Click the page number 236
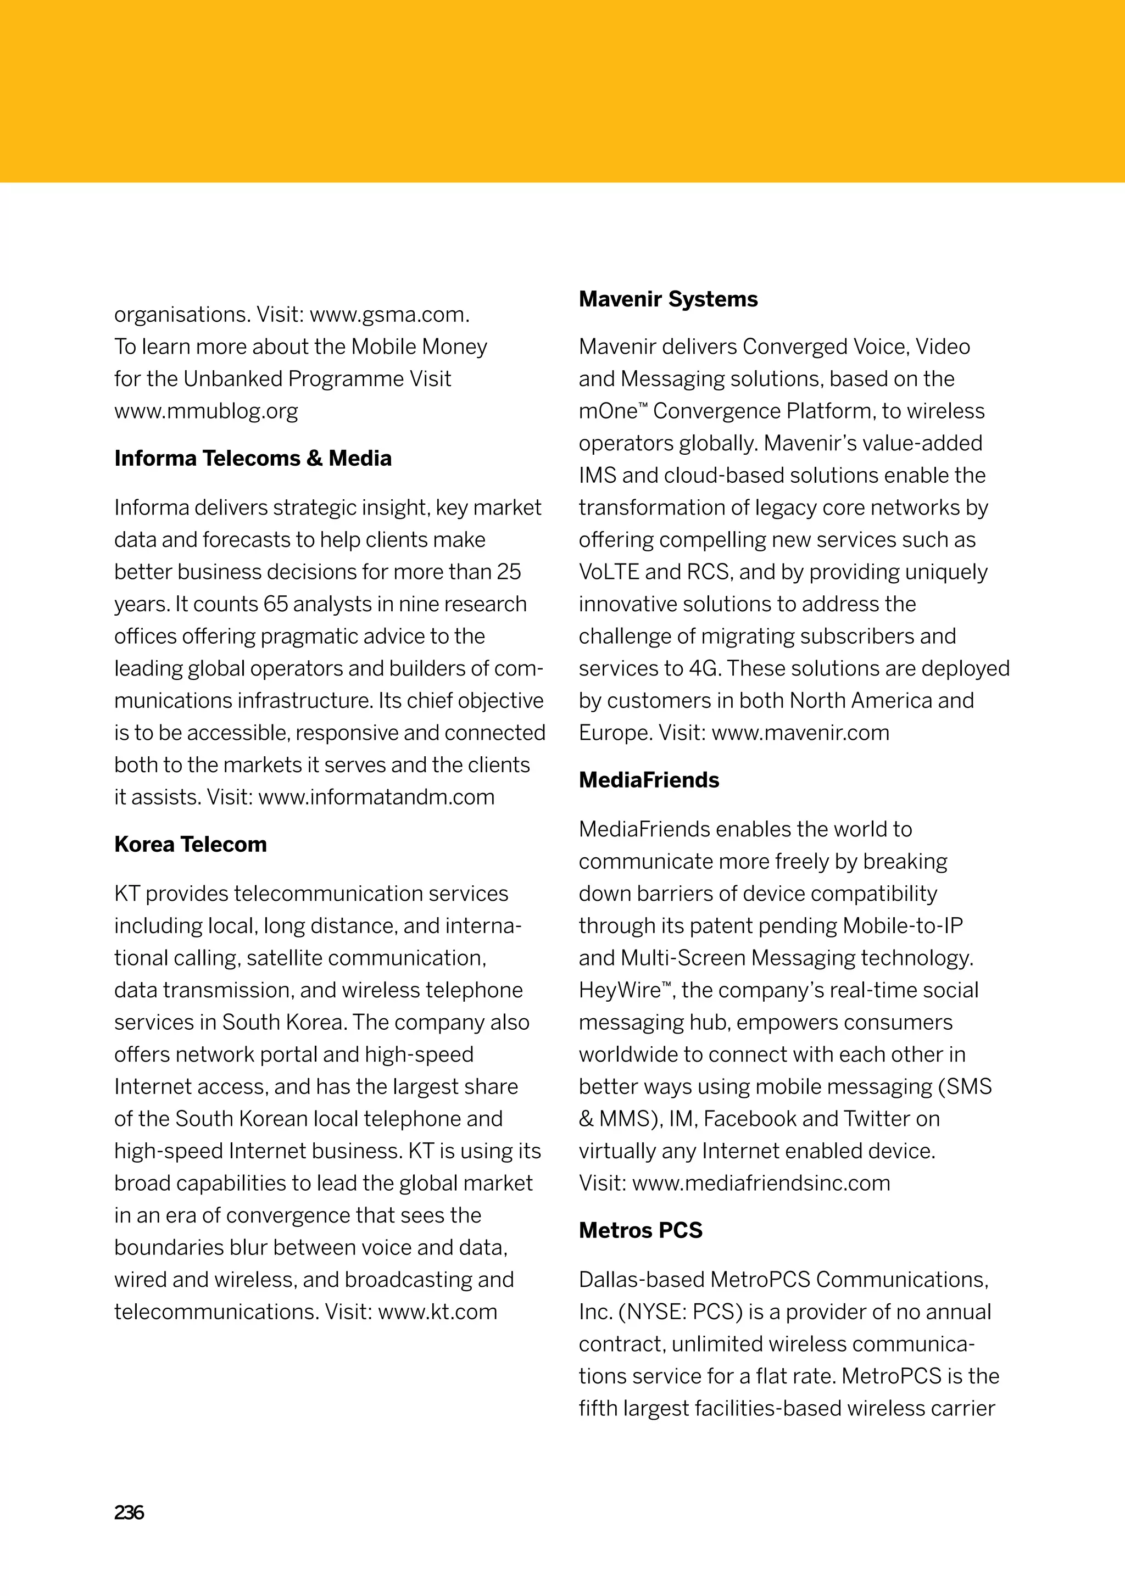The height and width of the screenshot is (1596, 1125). pyautogui.click(x=129, y=1513)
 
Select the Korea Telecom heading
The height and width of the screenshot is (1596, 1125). pyautogui.click(x=191, y=844)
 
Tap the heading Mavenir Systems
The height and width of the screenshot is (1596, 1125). pyautogui.click(x=668, y=299)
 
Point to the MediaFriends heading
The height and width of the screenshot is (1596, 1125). pyautogui.click(x=649, y=780)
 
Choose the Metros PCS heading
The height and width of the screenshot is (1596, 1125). pyautogui.click(x=641, y=1230)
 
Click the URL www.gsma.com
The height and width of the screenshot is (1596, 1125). pyautogui.click(x=389, y=315)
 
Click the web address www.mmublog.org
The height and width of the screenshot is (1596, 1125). pyautogui.click(x=206, y=411)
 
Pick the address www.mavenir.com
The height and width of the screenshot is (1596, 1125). pyautogui.click(x=800, y=733)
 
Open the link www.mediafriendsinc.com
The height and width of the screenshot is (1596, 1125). pyautogui.click(x=761, y=1183)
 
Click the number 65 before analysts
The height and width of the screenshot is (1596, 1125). pyautogui.click(x=275, y=604)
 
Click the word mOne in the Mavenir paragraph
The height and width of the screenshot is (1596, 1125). pyautogui.click(x=607, y=411)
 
